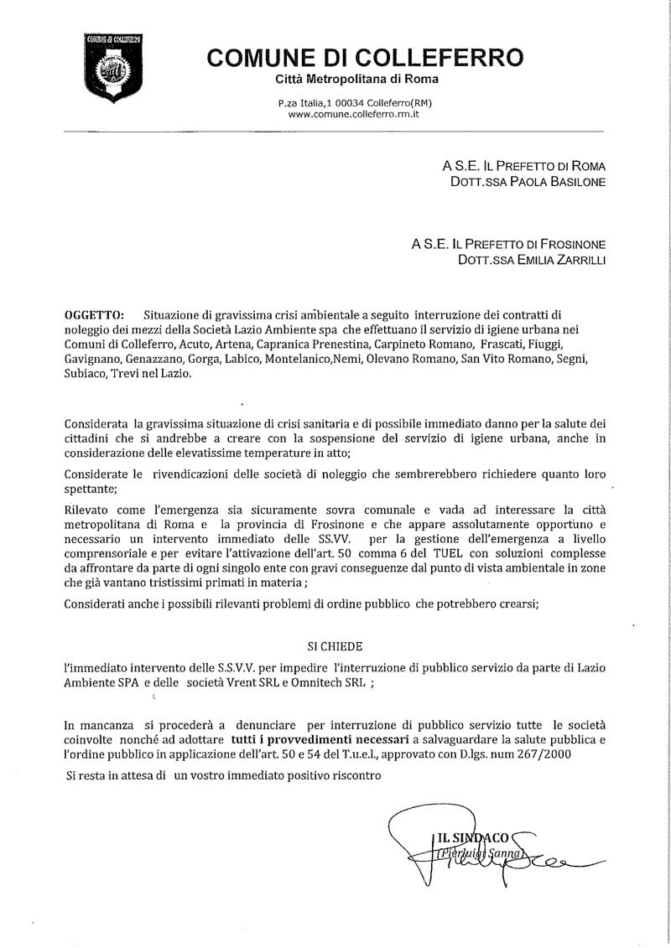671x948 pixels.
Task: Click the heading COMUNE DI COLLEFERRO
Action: coord(365,58)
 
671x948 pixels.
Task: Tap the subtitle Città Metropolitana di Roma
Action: coord(357,79)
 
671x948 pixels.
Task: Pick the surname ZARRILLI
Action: coord(575,260)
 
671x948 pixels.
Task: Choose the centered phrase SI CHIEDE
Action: coord(334,645)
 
